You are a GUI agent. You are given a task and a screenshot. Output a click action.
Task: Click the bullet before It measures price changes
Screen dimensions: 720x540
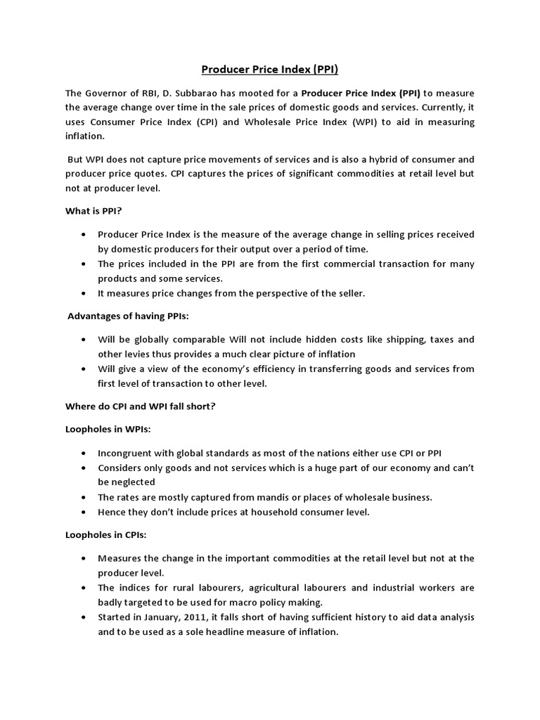84,293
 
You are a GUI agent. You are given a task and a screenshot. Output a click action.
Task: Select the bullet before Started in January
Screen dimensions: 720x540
84,617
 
